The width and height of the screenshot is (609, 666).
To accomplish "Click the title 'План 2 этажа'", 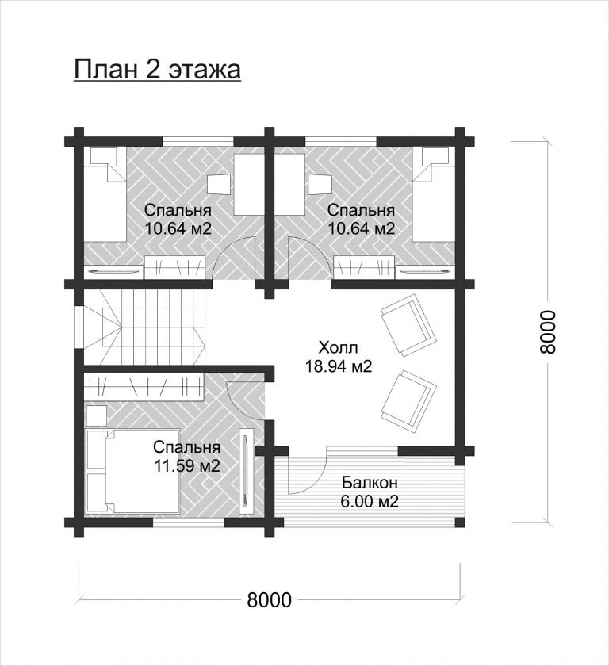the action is click(158, 70).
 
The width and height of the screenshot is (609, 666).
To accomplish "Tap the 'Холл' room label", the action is click(339, 348).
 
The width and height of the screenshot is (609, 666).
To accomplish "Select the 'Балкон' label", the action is click(370, 483).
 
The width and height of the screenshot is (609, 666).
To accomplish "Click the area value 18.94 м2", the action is click(339, 366).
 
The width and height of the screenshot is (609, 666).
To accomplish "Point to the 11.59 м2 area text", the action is click(187, 466).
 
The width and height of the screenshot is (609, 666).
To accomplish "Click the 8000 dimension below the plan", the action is click(270, 600).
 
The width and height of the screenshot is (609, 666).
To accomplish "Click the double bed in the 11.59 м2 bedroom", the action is click(132, 472).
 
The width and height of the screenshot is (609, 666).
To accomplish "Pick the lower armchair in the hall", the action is click(408, 402).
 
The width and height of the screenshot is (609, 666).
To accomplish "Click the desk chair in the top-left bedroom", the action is click(219, 184).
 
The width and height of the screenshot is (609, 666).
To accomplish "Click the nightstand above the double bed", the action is click(97, 415).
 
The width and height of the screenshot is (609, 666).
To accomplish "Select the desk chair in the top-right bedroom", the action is click(320, 184).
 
